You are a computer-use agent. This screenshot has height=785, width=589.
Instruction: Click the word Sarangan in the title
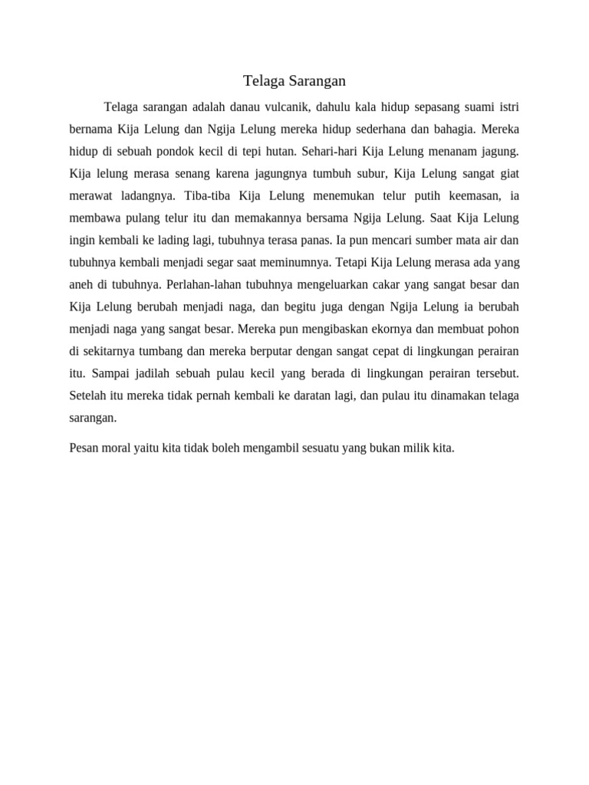point(316,80)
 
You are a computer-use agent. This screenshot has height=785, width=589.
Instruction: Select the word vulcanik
point(281,106)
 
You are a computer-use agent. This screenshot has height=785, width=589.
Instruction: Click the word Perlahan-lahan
point(202,284)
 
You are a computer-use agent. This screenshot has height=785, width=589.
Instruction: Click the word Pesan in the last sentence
point(84,447)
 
